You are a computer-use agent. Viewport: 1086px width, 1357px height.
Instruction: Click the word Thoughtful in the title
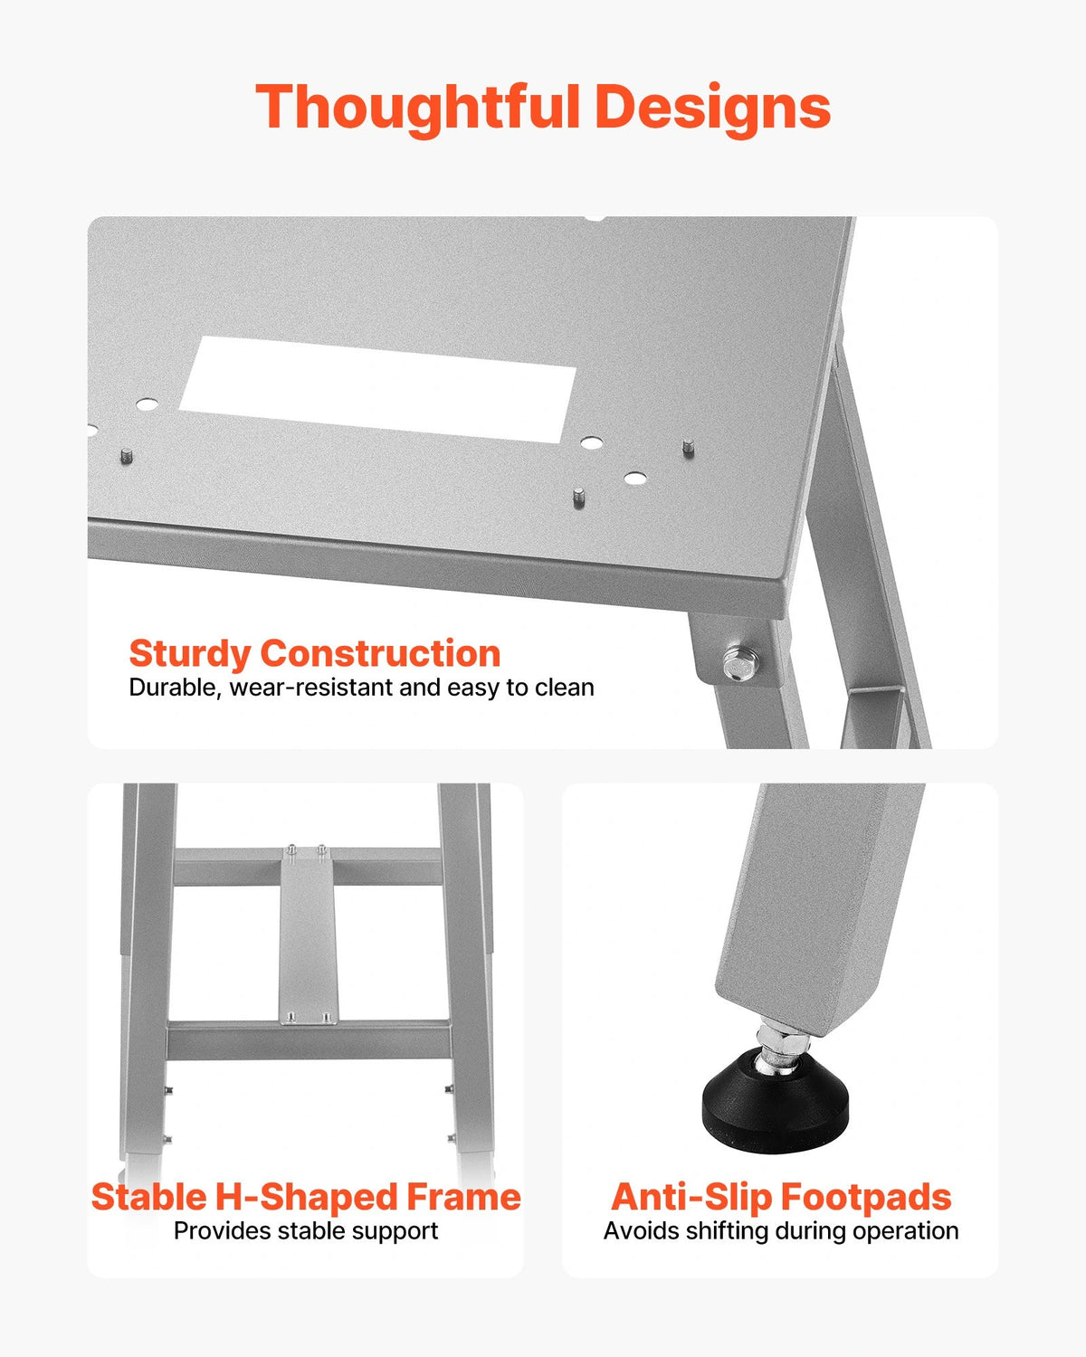[417, 109]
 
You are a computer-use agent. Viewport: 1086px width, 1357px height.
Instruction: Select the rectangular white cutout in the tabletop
[378, 389]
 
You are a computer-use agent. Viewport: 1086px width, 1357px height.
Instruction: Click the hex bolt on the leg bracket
[739, 663]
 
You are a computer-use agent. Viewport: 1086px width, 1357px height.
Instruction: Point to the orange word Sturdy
[189, 655]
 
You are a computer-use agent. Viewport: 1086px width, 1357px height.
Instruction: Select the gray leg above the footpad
[819, 908]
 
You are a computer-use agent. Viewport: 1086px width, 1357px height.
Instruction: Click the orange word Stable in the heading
[149, 1197]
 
